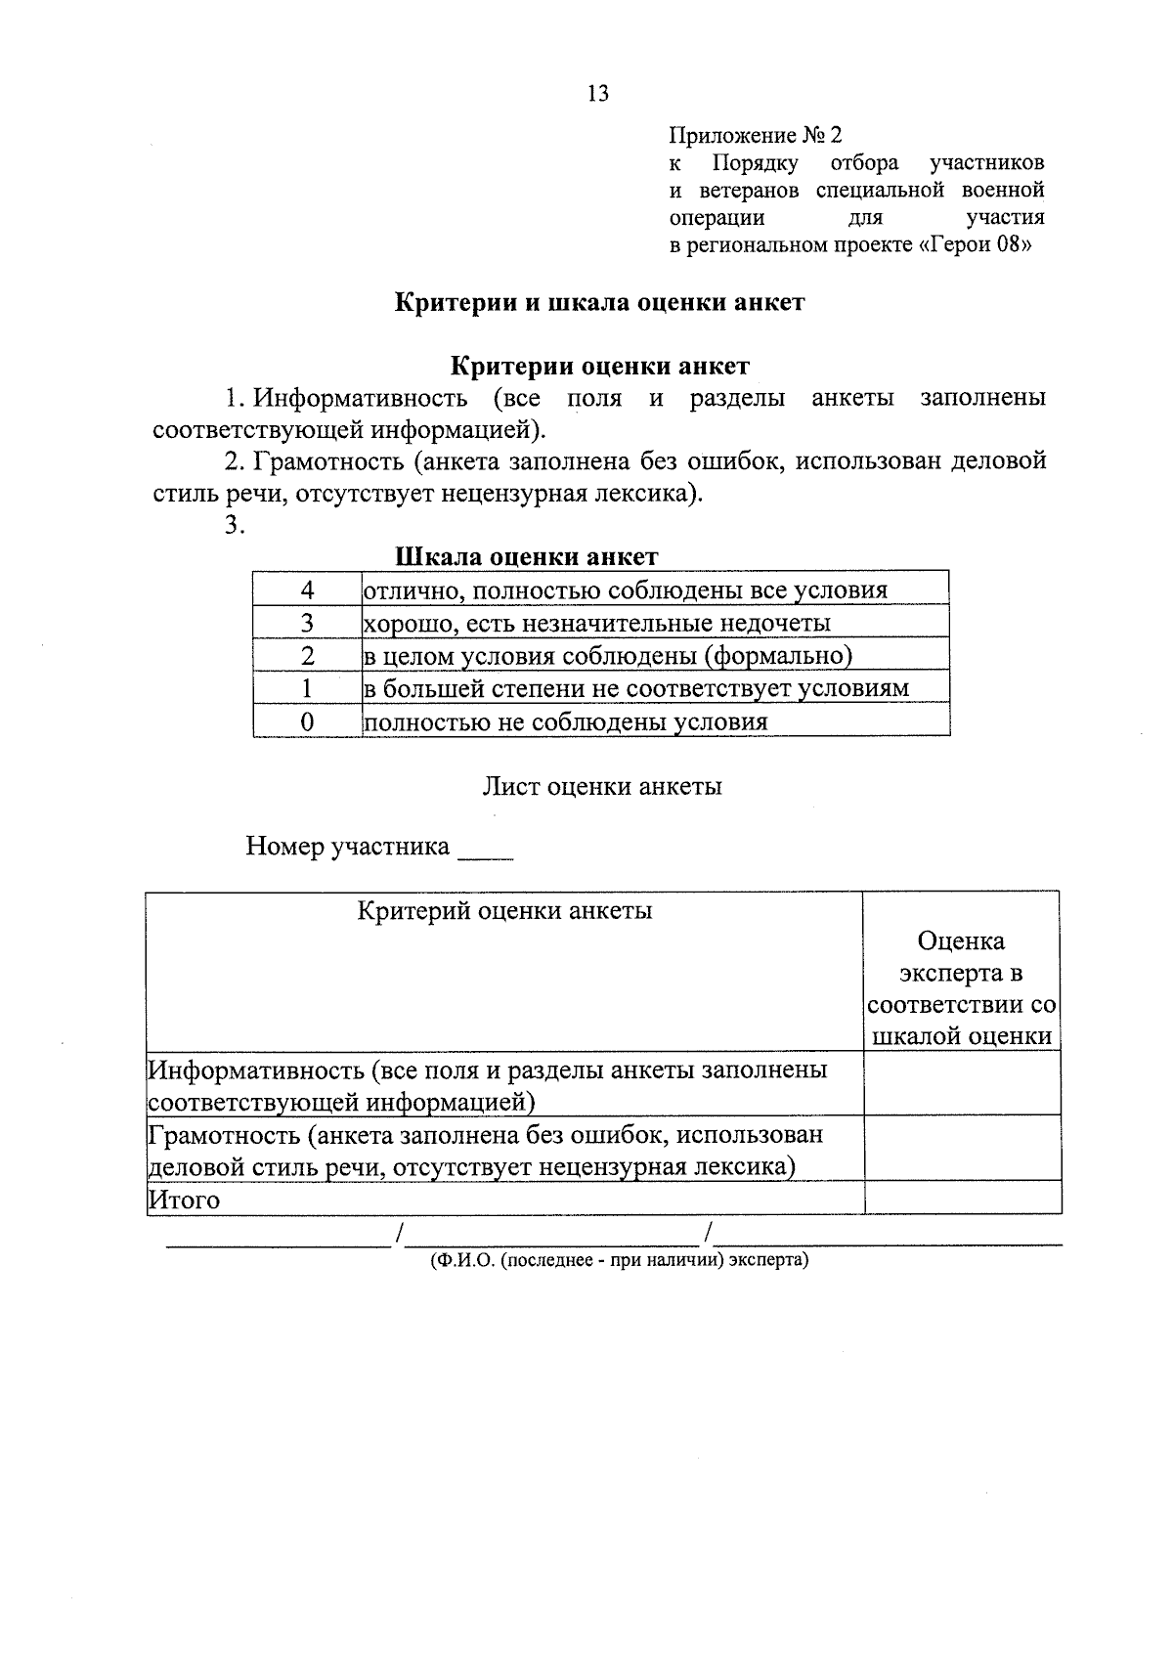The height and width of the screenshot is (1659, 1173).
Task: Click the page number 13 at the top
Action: (x=597, y=93)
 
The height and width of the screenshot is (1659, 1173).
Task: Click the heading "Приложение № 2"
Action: (x=755, y=135)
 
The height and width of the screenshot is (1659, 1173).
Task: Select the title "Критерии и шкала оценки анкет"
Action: (x=599, y=303)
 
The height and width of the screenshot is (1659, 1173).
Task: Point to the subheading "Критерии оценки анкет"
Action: (x=599, y=367)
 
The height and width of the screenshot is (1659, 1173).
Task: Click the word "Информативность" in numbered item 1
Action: (x=360, y=399)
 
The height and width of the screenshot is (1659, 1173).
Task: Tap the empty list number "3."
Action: (x=234, y=525)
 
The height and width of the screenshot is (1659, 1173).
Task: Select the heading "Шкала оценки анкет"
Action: (x=526, y=557)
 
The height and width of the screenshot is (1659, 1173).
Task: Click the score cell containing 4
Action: (x=307, y=589)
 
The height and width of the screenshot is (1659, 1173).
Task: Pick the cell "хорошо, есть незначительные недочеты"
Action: (x=597, y=623)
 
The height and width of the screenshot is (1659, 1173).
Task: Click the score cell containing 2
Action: (x=307, y=656)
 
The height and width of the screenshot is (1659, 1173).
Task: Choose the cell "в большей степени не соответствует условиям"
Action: (x=635, y=688)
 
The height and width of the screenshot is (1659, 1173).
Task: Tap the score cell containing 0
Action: (x=307, y=721)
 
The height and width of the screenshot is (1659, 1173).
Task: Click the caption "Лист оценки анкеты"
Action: (x=602, y=787)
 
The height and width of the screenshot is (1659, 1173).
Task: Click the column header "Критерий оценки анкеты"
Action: (x=504, y=911)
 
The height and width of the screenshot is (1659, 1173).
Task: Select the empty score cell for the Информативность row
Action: (x=962, y=1083)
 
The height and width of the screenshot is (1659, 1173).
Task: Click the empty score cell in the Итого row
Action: (x=962, y=1198)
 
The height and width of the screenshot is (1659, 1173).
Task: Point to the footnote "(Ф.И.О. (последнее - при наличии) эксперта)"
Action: (x=619, y=1261)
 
